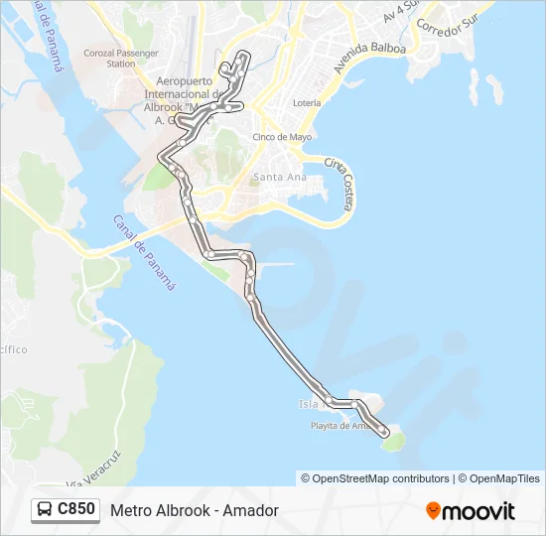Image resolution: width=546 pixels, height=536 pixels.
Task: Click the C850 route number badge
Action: tap(76, 509)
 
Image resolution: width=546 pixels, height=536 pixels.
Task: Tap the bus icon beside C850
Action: tap(45, 510)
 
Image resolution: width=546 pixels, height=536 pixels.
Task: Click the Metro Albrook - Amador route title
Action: tap(195, 510)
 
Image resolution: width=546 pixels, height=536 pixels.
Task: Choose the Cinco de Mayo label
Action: tap(283, 137)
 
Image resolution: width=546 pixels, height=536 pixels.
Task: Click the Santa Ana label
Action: tap(279, 178)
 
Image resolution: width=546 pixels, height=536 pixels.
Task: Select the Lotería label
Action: tap(307, 103)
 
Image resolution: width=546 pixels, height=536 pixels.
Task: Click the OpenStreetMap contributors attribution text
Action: tap(375, 478)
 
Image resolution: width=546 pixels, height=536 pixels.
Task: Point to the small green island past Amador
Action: tap(395, 440)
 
